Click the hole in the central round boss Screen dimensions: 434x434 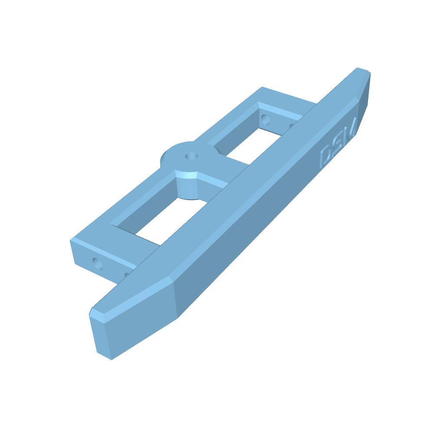(x=190, y=156)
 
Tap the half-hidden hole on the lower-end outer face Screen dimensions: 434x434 (x=126, y=275)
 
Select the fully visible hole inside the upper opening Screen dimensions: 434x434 (x=265, y=119)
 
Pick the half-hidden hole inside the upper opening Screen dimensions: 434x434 (x=291, y=126)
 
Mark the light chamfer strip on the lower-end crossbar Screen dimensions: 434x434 (x=104, y=252)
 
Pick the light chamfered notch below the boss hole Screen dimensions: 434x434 (x=187, y=175)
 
